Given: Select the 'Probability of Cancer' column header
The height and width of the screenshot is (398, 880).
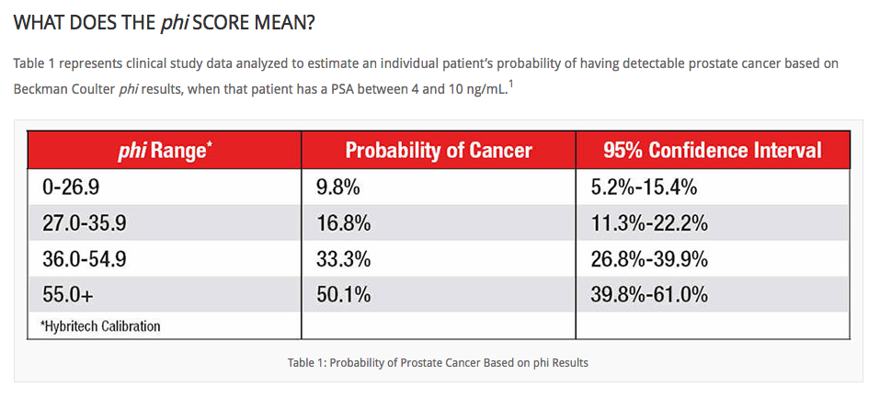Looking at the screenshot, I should pos(439,151).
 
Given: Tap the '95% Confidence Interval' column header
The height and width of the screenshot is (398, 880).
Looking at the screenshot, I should pos(713,151).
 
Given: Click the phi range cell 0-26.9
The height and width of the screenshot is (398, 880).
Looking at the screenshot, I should pos(73,188).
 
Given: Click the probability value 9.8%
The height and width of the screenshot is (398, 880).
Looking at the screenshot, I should pos(338,188).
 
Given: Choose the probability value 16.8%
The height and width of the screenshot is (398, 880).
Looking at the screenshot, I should pos(344,224).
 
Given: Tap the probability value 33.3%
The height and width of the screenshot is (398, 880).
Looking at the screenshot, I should pos(344,259).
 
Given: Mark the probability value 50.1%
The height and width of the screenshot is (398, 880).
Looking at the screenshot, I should pos(344,294).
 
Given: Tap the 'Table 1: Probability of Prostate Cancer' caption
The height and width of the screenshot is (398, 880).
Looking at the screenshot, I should pos(438,362).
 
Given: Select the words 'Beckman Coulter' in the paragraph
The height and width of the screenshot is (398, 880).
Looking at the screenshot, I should pos(63,89).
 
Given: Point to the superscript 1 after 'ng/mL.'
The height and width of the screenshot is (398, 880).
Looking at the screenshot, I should pos(510,85).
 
